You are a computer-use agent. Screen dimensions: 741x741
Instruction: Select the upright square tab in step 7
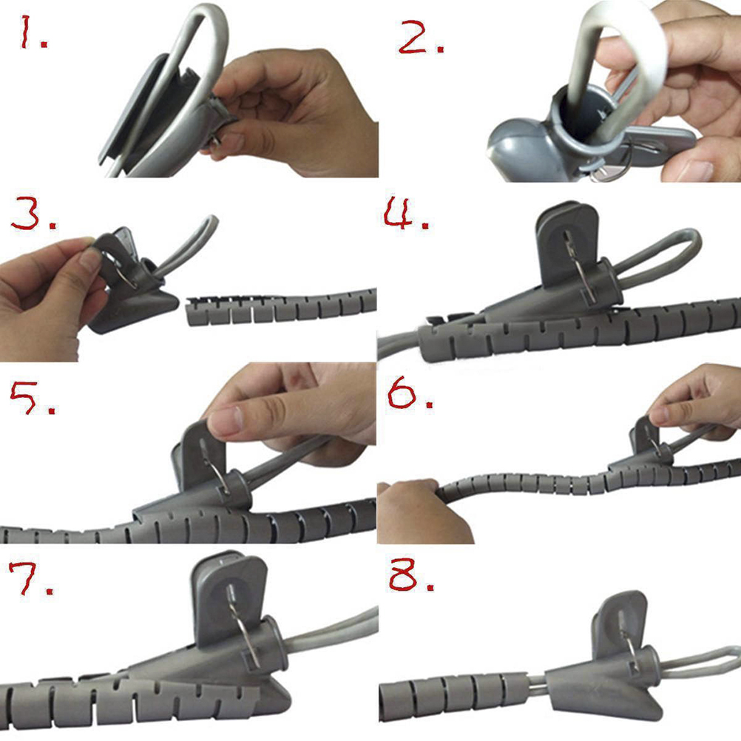point(229,596)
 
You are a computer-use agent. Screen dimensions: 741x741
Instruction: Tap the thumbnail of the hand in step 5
point(225,422)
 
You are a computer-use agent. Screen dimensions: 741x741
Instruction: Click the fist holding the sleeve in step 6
point(421,511)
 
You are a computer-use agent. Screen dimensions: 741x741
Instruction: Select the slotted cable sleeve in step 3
point(281,307)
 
